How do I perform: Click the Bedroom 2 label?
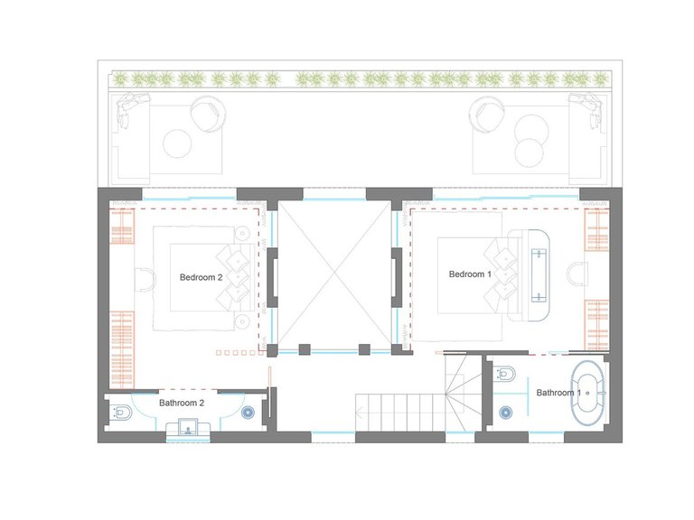(201, 278)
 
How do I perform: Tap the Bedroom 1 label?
(470, 274)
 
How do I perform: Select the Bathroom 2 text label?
(182, 404)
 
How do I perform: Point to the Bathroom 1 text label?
(558, 393)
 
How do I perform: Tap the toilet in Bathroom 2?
(120, 412)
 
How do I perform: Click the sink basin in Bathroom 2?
(188, 429)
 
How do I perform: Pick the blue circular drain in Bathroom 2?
(248, 413)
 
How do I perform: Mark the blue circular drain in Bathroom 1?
(506, 413)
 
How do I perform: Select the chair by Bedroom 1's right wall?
(577, 274)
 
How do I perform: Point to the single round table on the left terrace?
(177, 144)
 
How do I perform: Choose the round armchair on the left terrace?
(209, 114)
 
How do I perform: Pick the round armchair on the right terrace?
(487, 114)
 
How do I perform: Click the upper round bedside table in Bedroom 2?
(241, 233)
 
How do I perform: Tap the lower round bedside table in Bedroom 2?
(241, 321)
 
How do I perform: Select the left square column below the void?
(305, 349)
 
